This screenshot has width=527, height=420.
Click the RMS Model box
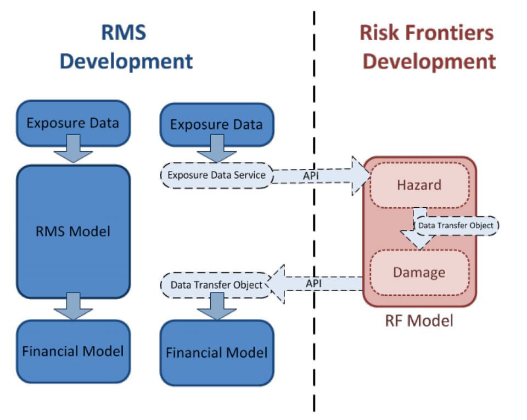coord(73,231)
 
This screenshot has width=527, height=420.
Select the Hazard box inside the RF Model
coord(419,185)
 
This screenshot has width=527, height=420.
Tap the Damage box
coord(419,272)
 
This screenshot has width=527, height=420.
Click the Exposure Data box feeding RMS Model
coord(73,123)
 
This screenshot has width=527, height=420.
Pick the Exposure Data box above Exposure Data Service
coord(216,124)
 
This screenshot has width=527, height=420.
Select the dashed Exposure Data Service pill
coord(216,175)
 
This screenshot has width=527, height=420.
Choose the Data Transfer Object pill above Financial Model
coord(216,285)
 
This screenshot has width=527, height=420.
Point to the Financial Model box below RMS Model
coord(73,351)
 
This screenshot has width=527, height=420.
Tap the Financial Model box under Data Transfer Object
coord(216,352)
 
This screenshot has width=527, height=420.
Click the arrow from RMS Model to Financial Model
coord(73,306)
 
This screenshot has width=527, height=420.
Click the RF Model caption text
coord(418,319)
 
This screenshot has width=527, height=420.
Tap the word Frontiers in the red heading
coord(450,33)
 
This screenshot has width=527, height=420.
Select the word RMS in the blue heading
coord(124,33)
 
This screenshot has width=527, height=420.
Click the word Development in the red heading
coord(428,61)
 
